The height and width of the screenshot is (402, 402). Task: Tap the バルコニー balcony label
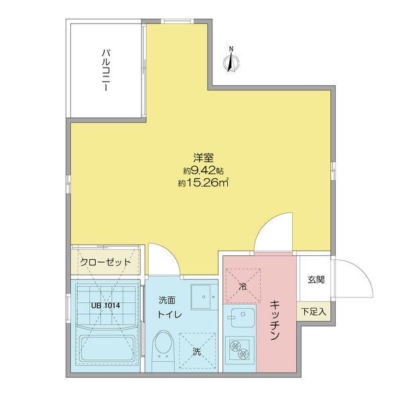pos(106,71)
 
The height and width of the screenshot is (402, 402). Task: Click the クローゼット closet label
pos(107,262)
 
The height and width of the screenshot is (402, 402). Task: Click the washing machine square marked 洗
pos(197,350)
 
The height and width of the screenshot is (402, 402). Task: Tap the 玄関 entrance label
pos(316,280)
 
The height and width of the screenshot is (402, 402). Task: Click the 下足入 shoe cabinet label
pos(314,312)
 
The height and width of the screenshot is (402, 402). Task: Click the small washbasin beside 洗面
pos(200,295)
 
